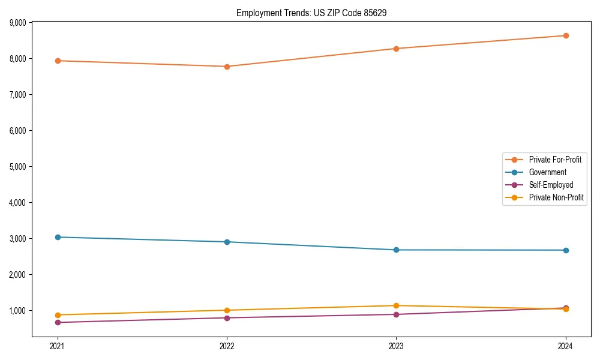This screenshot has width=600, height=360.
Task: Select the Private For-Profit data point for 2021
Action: pos(58,61)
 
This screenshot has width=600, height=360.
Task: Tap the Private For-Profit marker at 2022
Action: pos(227,67)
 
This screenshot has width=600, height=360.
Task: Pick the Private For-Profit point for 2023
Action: pos(396,49)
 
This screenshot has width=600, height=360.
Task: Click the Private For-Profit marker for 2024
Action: pos(566,35)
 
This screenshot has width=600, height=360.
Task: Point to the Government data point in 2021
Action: pos(58,237)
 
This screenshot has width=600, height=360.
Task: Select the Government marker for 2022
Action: pos(227,242)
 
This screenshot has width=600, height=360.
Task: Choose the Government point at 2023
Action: pos(396,250)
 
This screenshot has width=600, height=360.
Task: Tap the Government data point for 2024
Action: pos(566,250)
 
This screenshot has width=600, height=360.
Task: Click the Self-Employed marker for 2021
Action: pos(58,322)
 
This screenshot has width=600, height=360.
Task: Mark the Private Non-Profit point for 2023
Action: pos(396,305)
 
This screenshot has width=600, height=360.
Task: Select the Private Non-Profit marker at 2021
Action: pos(58,315)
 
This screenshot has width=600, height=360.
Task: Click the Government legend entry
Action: pos(547,172)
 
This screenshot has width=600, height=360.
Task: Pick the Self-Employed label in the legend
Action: pos(551,185)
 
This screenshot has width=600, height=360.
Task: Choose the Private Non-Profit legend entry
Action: pos(556,197)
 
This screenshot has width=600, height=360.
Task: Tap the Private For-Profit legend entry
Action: pos(555,160)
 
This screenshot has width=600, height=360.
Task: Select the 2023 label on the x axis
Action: pos(396,346)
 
